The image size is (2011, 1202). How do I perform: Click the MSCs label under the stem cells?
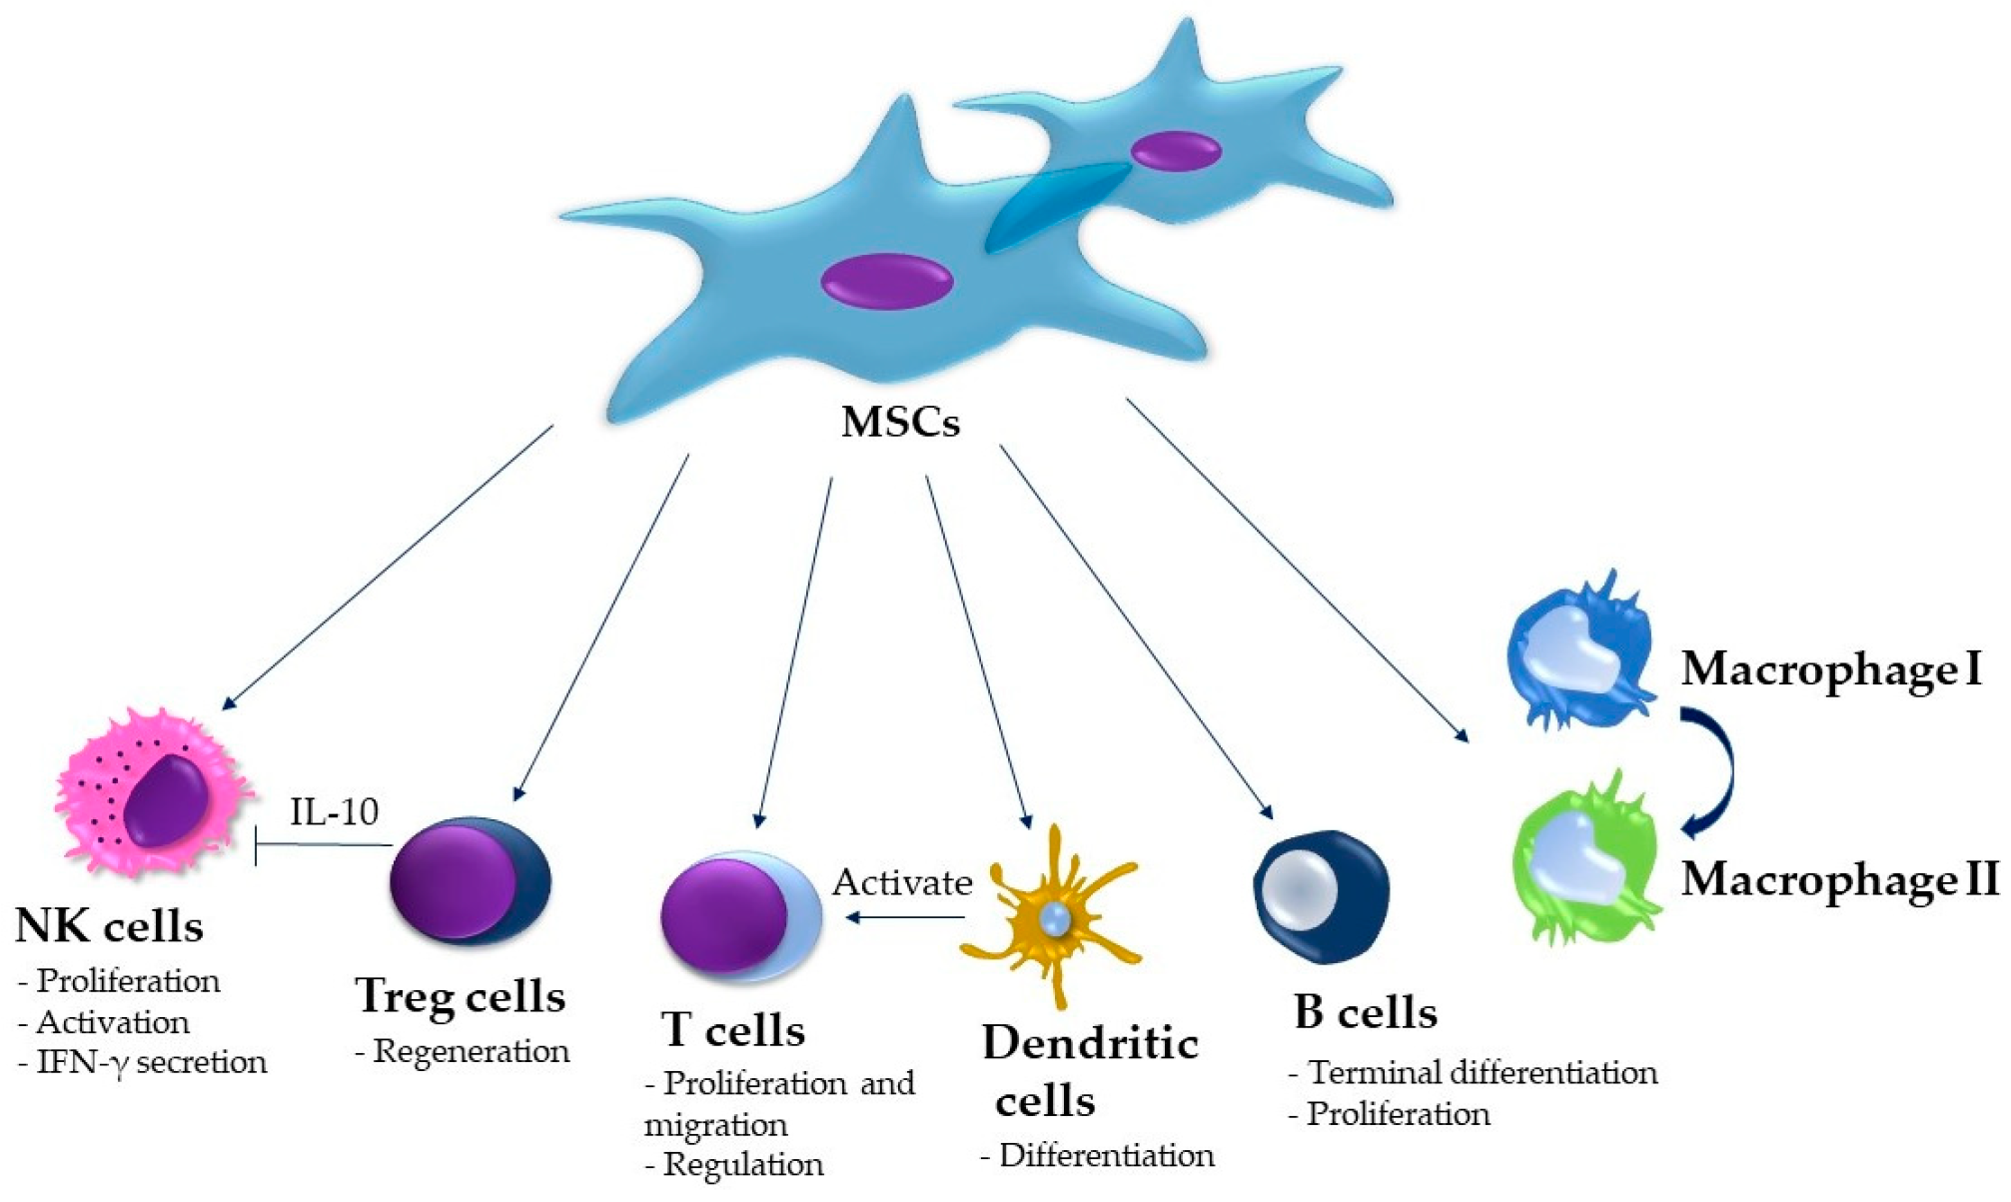point(900,422)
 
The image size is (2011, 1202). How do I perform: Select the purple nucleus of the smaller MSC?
point(1175,151)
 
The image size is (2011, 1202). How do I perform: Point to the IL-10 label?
point(334,811)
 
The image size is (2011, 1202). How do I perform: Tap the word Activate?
point(902,882)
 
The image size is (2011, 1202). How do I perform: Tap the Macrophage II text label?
point(1838,879)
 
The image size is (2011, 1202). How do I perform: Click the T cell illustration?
point(739,914)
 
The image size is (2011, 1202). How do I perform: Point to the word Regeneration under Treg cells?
point(471,1051)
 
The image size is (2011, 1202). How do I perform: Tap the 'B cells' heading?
point(1365,1012)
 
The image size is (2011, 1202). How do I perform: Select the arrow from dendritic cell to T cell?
point(904,917)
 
